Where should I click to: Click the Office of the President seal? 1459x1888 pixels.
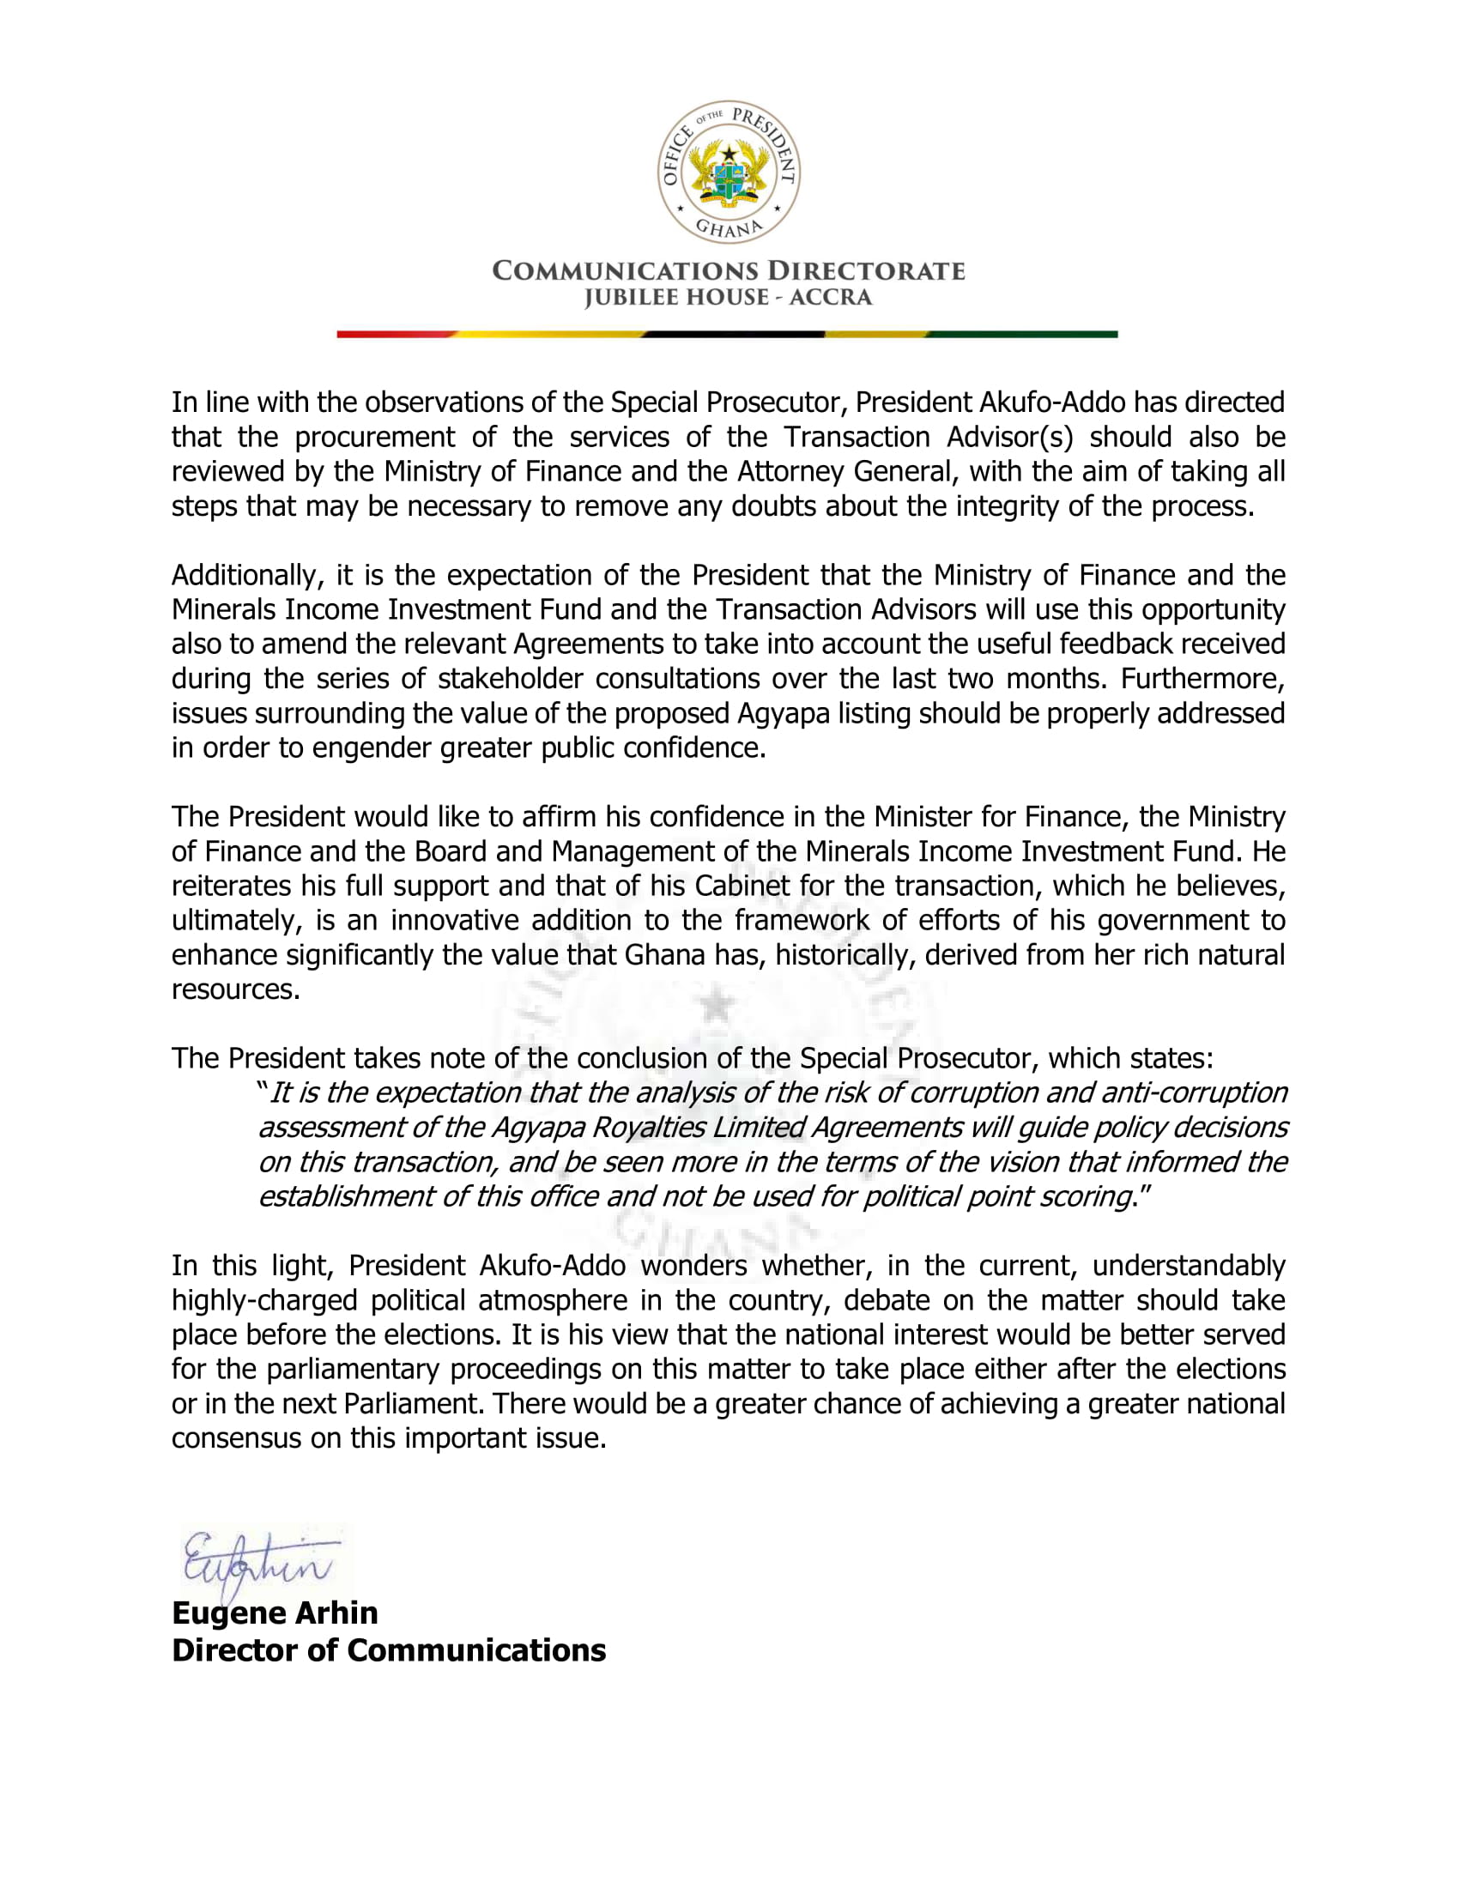click(x=729, y=171)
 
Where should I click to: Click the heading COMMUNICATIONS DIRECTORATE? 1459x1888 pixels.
click(x=729, y=271)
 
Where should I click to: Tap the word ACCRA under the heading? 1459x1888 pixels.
click(x=830, y=299)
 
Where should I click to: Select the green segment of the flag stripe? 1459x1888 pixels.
click(x=1024, y=334)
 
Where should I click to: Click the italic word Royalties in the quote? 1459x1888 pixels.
click(x=648, y=1129)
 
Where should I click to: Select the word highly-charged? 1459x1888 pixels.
click(x=263, y=1301)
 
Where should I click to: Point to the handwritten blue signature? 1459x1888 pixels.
click(x=259, y=1566)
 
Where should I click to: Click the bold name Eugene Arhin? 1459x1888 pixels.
click(x=275, y=1613)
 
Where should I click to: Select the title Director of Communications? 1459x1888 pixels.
click(x=389, y=1650)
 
